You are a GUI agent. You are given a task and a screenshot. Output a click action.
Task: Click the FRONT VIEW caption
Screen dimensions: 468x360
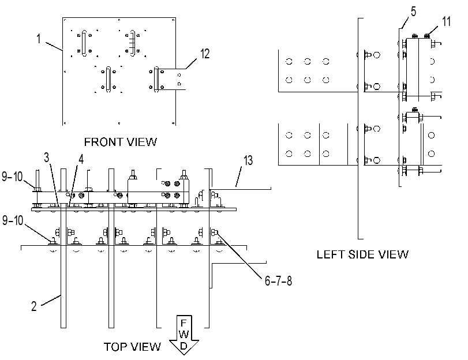(120, 142)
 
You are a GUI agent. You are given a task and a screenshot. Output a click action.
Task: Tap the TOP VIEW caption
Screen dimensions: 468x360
(132, 347)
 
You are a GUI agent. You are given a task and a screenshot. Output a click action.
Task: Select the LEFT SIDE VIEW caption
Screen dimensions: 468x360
(362, 254)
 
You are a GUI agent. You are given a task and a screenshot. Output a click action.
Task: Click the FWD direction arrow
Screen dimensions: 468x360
(184, 335)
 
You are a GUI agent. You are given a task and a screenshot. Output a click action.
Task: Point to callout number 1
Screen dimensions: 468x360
(39, 39)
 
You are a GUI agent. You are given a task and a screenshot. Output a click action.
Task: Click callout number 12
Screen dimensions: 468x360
(205, 54)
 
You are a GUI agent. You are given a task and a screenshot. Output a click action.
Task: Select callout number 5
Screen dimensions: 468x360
(413, 12)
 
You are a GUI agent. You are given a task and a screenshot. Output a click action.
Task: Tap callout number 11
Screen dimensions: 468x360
(446, 21)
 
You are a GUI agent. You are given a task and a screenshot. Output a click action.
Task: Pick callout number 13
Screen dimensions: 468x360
(248, 160)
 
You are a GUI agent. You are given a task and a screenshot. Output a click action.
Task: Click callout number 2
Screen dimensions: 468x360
(34, 306)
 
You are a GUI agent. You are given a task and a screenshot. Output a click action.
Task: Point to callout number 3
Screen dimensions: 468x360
(46, 157)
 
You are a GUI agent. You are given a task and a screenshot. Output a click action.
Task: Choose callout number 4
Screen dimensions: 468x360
(81, 159)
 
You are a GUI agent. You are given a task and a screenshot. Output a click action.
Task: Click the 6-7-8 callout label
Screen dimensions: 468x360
(278, 281)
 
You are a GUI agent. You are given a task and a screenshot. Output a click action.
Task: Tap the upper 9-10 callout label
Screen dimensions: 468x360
(12, 177)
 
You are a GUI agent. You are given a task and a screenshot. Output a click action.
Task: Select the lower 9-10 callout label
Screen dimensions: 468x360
(13, 220)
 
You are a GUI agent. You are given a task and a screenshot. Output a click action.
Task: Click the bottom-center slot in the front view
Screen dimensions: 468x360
(108, 80)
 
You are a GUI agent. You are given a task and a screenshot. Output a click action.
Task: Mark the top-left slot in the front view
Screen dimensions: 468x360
(84, 43)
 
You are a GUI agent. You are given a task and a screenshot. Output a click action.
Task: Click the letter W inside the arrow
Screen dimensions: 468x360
(184, 335)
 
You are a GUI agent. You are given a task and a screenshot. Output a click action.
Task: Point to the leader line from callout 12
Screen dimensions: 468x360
(191, 63)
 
